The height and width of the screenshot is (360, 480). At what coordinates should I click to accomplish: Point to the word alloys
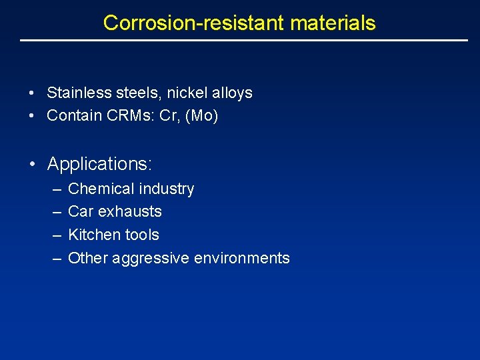pos(233,93)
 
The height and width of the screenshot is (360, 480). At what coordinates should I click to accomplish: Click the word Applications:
pos(100,163)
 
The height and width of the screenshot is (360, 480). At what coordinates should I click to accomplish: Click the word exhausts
pos(129,211)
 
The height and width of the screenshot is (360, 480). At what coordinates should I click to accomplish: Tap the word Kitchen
pos(93,235)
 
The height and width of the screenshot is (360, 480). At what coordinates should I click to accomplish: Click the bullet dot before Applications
pos(32,164)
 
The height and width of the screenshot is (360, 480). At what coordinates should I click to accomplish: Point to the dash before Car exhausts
pos(55,211)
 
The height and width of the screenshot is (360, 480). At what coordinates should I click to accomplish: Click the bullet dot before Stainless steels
pos(32,93)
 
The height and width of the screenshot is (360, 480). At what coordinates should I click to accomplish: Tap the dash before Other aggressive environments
pos(55,258)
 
